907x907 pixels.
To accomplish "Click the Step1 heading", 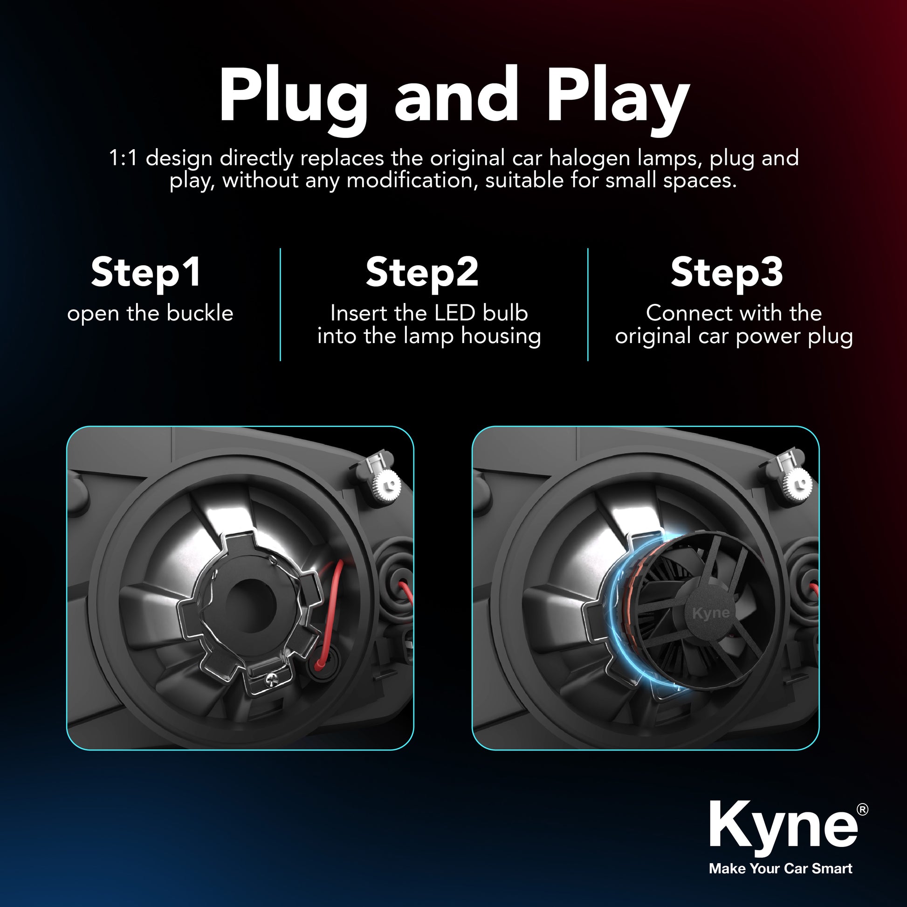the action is click(x=146, y=273).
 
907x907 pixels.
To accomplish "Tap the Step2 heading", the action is click(x=422, y=273).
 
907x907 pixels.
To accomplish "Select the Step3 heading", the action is click(x=727, y=273).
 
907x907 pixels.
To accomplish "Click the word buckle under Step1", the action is click(x=200, y=313).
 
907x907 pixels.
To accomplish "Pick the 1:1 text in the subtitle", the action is click(x=123, y=158).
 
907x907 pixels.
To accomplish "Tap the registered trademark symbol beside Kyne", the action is click(x=862, y=809).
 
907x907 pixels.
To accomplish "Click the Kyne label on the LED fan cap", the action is click(x=711, y=612).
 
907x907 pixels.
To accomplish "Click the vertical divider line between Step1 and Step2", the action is click(x=280, y=304).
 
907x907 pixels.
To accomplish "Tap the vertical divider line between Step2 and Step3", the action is click(x=588, y=304).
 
